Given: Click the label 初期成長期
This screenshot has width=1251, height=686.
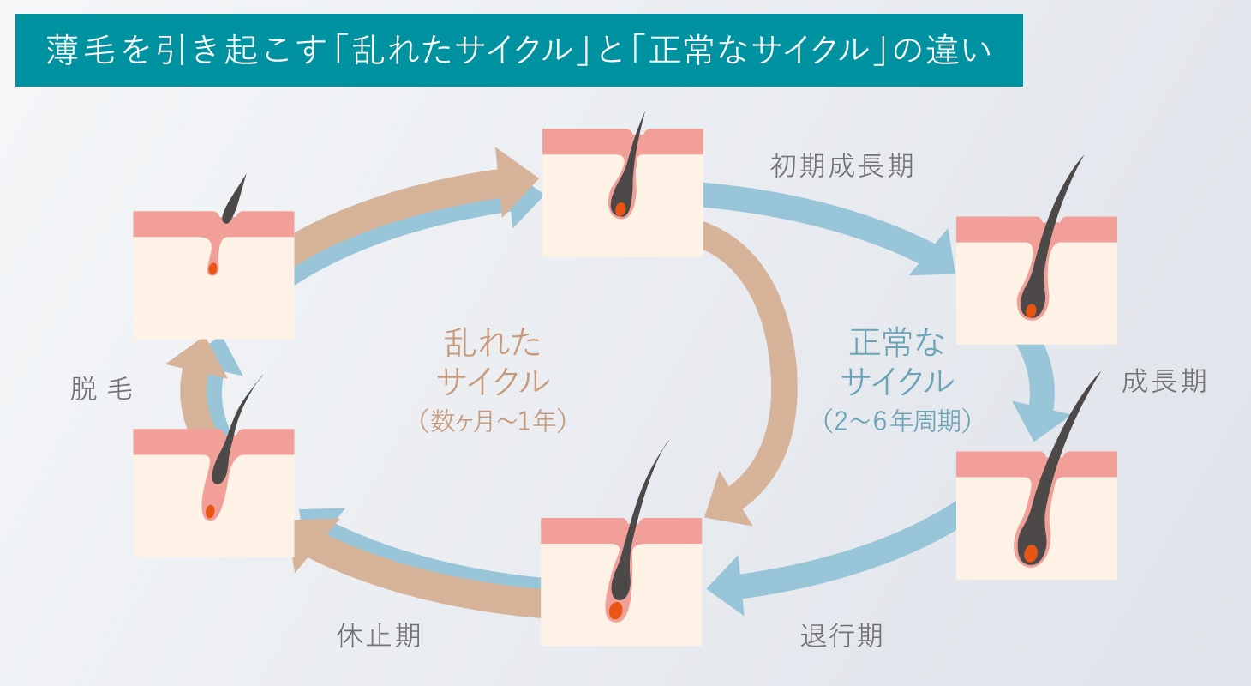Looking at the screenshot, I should click(x=841, y=165).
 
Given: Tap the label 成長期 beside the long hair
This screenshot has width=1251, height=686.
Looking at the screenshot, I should click(x=1164, y=382).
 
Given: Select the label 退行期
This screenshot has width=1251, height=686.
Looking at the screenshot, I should click(x=841, y=636).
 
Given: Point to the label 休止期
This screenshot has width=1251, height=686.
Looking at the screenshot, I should click(x=379, y=636).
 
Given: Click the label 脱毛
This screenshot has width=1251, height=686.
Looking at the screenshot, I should click(x=101, y=390).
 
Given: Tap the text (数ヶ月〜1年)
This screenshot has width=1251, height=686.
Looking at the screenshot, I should click(x=493, y=421).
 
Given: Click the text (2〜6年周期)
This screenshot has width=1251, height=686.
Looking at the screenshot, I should click(x=897, y=421).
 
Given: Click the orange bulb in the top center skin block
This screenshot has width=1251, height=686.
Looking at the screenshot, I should click(x=620, y=208).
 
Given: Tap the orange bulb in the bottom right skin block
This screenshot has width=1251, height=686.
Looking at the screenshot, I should click(x=1031, y=553).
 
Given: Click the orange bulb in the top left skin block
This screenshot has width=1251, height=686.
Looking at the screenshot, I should click(x=212, y=268).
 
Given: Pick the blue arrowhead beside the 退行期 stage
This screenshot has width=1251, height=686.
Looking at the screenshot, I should click(x=728, y=583).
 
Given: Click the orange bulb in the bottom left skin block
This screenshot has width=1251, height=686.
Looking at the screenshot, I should click(x=210, y=512).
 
